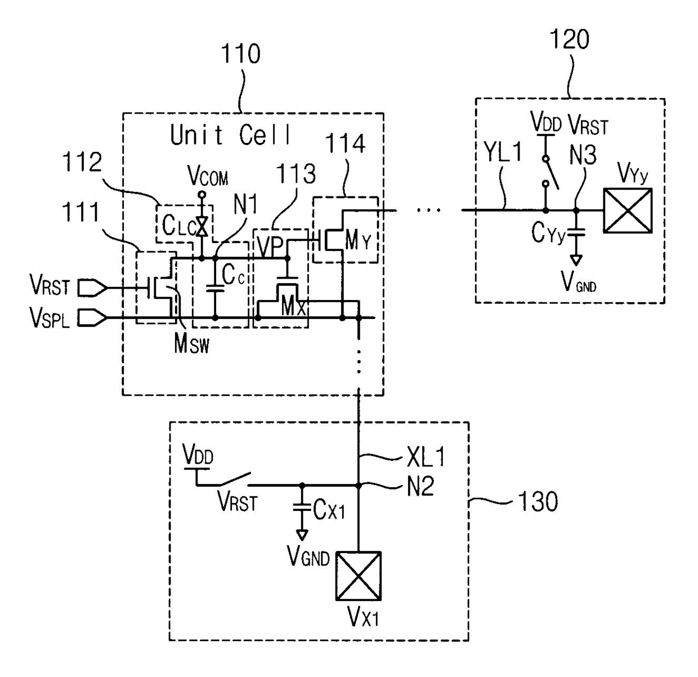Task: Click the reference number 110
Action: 240,54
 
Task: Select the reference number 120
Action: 570,39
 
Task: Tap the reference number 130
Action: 538,501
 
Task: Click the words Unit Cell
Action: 230,134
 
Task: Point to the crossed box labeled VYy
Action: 628,210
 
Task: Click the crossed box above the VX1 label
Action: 359,576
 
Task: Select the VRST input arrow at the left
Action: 92,288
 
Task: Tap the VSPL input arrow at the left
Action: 92,318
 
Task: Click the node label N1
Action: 245,205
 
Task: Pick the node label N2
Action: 420,486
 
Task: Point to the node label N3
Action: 583,155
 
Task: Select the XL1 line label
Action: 426,457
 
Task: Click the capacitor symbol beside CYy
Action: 576,232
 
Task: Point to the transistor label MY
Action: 357,241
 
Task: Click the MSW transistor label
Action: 191,344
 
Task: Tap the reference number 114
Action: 345,144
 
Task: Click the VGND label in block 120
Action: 579,282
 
